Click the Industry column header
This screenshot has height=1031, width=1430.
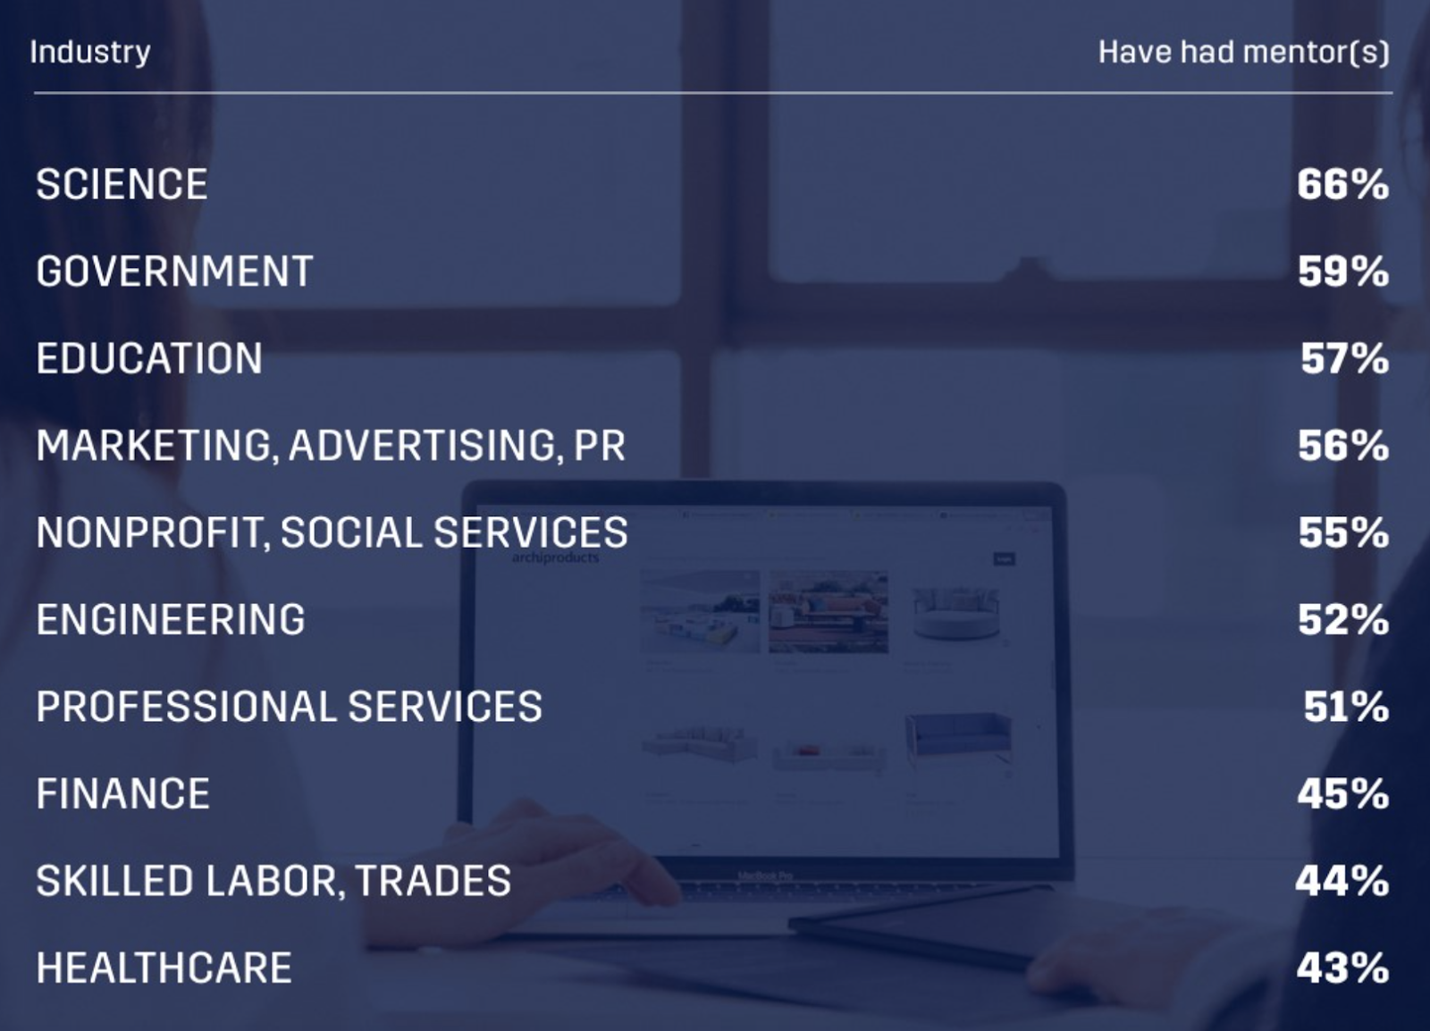[90, 53]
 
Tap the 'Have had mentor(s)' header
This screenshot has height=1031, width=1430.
[1243, 53]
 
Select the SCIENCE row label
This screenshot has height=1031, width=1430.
[122, 184]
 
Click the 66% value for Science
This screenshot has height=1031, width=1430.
[1342, 184]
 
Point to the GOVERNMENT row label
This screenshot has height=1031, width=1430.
[174, 271]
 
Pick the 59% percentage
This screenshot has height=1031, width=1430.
[1343, 271]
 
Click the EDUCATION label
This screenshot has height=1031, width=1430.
[149, 358]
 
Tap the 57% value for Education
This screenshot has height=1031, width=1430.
[1344, 358]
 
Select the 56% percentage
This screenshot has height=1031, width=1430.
[1343, 445]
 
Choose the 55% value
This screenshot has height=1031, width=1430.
[1344, 532]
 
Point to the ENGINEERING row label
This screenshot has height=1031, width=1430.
[171, 619]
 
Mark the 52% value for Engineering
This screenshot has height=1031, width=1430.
[1343, 619]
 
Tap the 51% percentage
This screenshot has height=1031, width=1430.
[1346, 707]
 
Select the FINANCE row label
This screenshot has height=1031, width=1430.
[122, 793]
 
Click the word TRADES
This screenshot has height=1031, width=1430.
[433, 880]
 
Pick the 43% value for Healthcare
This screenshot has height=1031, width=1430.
[1342, 968]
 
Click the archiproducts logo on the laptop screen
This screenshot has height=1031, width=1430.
[555, 557]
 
